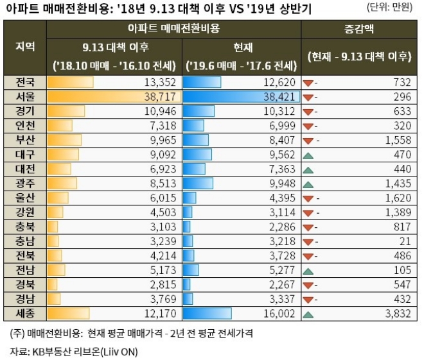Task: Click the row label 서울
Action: click(24, 96)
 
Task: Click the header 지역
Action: click(24, 47)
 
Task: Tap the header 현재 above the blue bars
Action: click(243, 47)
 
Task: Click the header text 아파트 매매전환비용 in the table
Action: click(173, 30)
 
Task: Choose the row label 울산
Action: click(24, 197)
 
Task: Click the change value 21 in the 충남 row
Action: click(404, 241)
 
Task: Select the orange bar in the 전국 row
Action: click(71, 82)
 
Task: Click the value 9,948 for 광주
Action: click(281, 183)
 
